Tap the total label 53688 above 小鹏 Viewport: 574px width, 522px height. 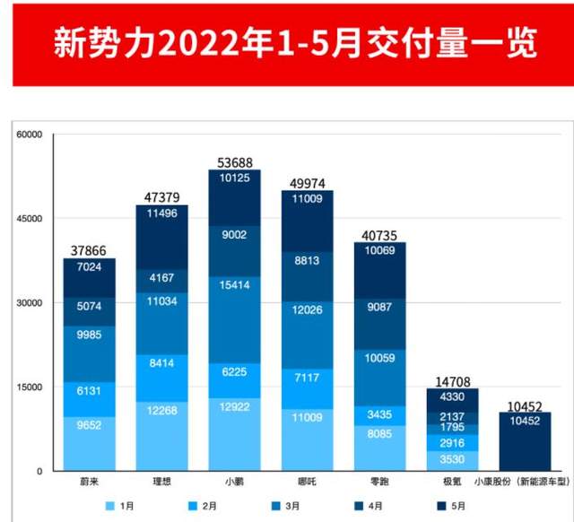234,162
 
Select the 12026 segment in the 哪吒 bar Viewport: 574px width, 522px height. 307,309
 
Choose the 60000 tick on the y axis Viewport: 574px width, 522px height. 30,135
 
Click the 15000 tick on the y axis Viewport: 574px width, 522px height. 30,387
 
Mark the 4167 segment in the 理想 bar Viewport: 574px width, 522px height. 161,278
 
